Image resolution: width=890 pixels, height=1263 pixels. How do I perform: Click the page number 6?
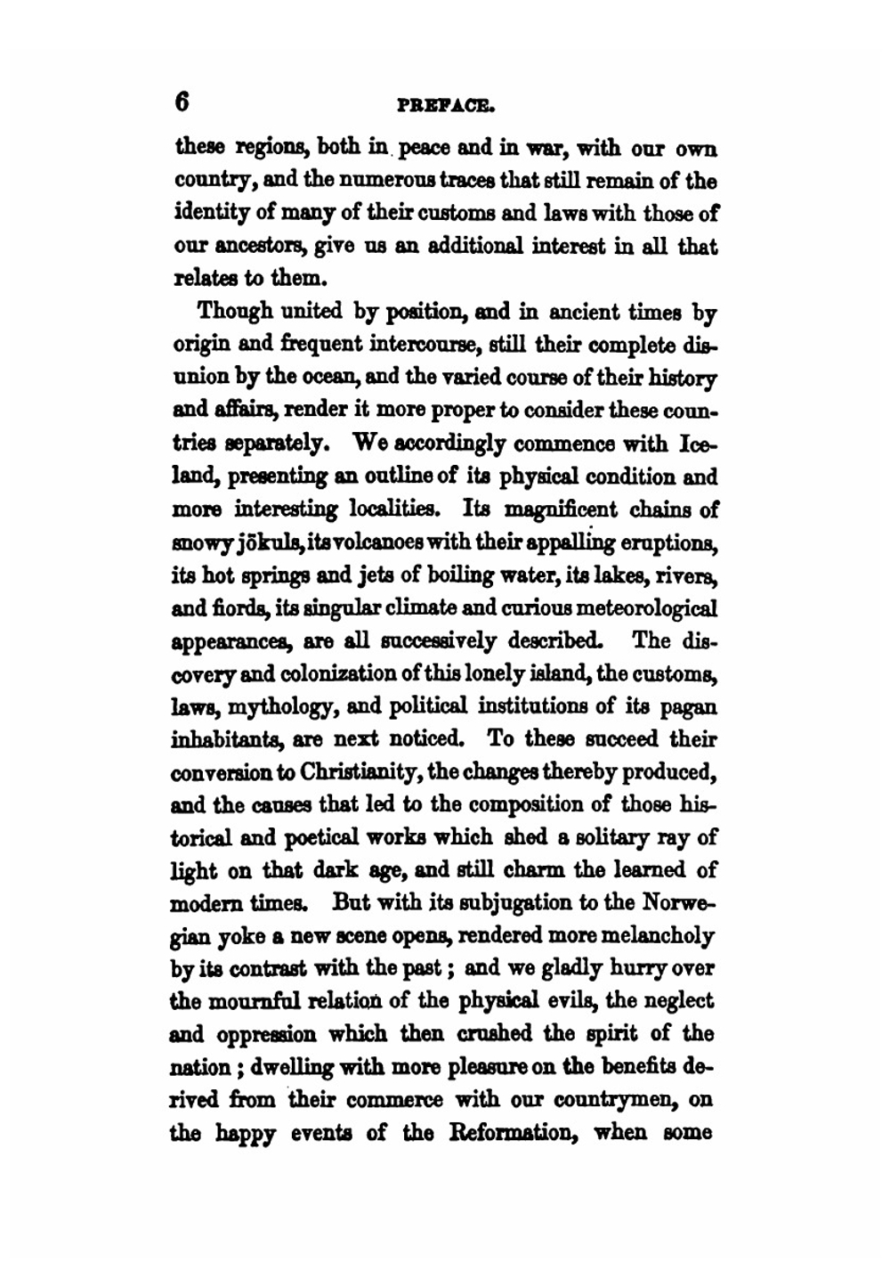tap(182, 102)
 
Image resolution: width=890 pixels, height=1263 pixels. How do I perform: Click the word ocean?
tap(331, 378)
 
